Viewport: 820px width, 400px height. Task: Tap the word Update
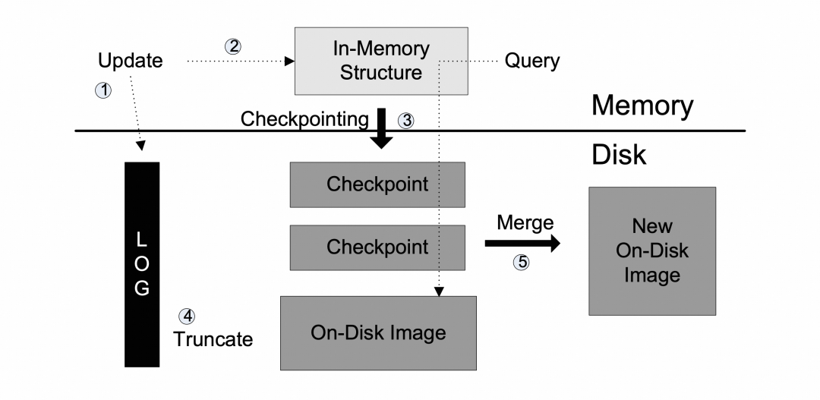[131, 61]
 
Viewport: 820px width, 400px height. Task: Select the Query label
[531, 61]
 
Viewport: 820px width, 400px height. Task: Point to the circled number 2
[234, 46]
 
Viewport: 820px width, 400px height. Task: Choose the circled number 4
[185, 316]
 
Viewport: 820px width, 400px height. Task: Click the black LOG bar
[142, 264]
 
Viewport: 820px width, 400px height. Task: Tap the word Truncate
[213, 339]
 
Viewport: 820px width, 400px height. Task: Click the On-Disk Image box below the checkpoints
[378, 332]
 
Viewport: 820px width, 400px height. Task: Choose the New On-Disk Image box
[652, 250]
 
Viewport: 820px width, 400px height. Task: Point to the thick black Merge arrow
[522, 243]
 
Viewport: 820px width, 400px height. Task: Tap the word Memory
[642, 106]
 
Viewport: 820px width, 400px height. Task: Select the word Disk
[618, 154]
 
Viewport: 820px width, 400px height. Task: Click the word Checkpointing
[304, 118]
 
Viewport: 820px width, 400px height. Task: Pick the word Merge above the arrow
[525, 222]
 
